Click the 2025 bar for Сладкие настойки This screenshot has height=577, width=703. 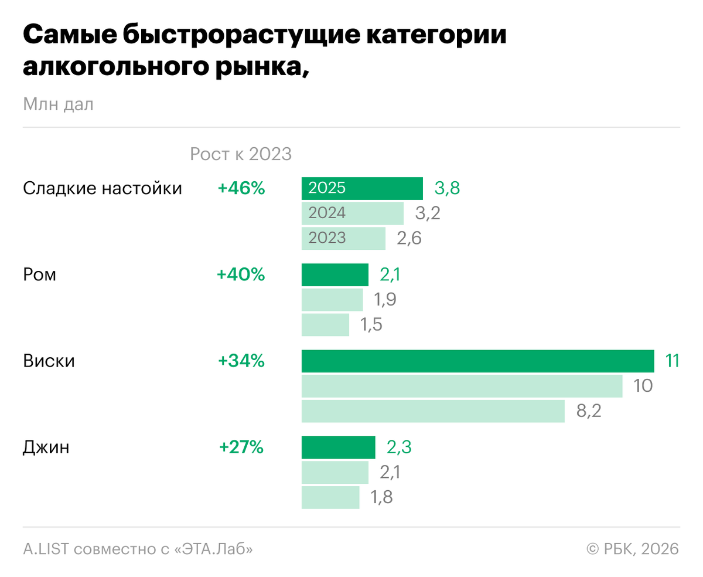tap(362, 188)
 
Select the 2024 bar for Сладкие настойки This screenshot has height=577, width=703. tap(353, 213)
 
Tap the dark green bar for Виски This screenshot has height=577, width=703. tap(477, 361)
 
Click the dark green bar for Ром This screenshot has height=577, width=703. tap(335, 274)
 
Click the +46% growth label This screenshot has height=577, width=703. tap(241, 188)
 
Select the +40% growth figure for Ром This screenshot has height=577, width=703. tap(241, 274)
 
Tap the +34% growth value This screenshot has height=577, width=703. tap(241, 361)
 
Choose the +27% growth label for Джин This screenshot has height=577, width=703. tap(241, 448)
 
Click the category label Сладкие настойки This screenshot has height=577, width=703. tap(103, 188)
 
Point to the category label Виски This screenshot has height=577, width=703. tap(49, 361)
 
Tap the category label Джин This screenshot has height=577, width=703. tap(46, 448)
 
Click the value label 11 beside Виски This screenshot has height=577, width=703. tap(672, 361)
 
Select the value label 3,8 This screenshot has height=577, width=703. tap(446, 188)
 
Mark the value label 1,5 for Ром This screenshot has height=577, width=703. tap(371, 325)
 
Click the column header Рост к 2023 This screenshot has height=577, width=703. tap(240, 154)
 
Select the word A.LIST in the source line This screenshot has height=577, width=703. tap(46, 549)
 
